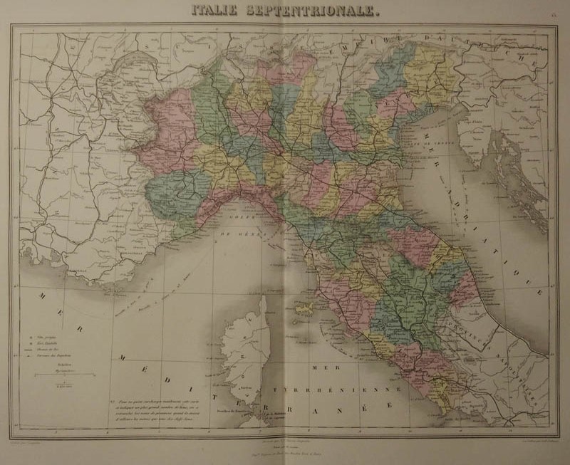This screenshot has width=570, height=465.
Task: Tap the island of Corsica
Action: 247,348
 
